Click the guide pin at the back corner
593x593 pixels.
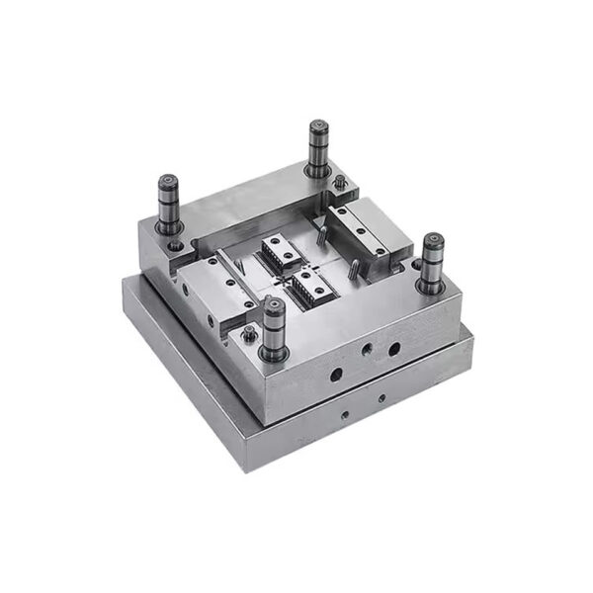[x=317, y=148]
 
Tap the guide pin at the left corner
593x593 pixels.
[x=167, y=203]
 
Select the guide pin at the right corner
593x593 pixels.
[x=431, y=262]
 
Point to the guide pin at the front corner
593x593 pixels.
[x=274, y=326]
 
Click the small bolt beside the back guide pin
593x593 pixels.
[x=340, y=183]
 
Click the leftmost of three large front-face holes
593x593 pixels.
[x=336, y=375]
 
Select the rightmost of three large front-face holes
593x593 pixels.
[x=394, y=349]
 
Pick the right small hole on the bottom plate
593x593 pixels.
[x=381, y=398]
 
